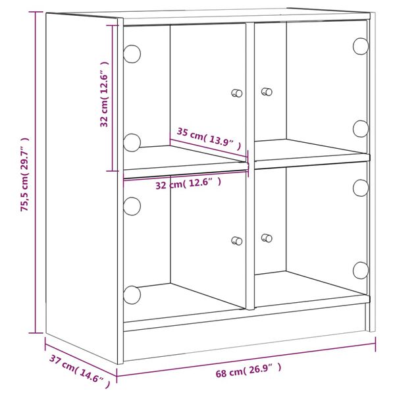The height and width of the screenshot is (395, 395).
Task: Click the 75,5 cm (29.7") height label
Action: click(x=24, y=174)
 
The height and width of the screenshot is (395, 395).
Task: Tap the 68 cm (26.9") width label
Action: click(x=248, y=372)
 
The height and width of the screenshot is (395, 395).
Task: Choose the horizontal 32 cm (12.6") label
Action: click(x=188, y=184)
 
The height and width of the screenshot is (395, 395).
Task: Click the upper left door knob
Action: click(x=237, y=93)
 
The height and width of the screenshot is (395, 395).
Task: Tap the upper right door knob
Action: click(x=267, y=92)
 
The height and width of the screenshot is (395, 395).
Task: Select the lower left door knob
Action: click(x=237, y=241)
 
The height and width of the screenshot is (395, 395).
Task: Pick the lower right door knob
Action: click(x=267, y=238)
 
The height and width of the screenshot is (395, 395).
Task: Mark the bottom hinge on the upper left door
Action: click(x=132, y=140)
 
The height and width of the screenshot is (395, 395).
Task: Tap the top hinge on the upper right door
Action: click(x=360, y=45)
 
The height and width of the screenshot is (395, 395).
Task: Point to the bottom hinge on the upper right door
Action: click(x=360, y=128)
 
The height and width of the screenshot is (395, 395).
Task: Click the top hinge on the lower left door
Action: click(x=132, y=205)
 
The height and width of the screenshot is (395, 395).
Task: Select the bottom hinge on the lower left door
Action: click(x=132, y=294)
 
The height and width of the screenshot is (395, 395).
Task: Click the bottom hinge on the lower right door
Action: click(x=360, y=270)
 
